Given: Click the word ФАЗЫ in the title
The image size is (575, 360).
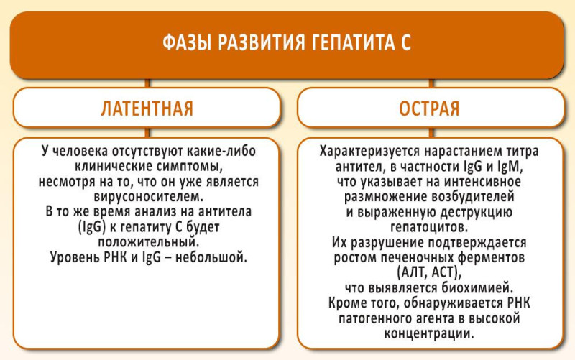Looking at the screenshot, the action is [x=187, y=42].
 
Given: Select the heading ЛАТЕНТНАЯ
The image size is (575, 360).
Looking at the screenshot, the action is [x=147, y=109].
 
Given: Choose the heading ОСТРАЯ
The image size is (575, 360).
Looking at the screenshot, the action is [x=429, y=109].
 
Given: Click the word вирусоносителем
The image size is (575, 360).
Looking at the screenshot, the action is [x=149, y=196].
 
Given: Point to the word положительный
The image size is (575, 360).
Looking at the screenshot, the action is [x=149, y=242].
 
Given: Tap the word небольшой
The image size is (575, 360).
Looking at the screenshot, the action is [x=211, y=257].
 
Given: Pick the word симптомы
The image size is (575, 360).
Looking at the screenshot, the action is [x=190, y=167].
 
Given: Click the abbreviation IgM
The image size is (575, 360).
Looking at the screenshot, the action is [x=510, y=167].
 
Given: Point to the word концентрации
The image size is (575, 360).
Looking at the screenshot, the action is [x=429, y=333].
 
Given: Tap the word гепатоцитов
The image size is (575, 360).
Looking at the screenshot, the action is [x=429, y=227].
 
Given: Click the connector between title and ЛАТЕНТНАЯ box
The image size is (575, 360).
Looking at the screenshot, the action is [x=147, y=83].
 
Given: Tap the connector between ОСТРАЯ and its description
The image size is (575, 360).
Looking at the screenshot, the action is [x=431, y=133].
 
